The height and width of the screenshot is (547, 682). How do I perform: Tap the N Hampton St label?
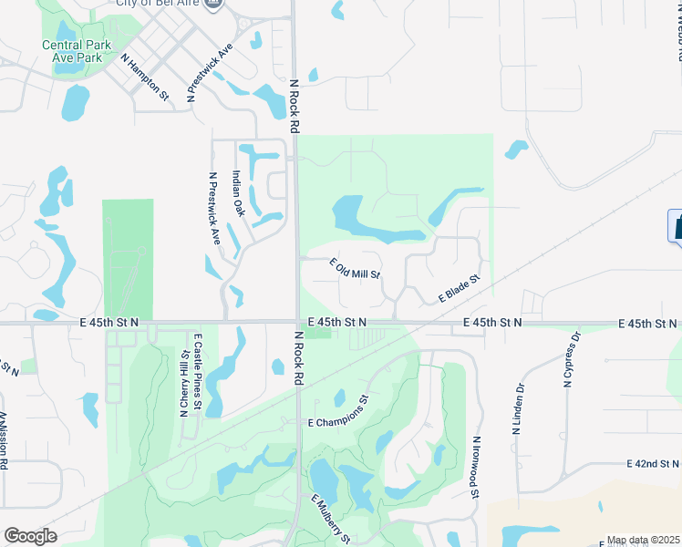click(x=145, y=76)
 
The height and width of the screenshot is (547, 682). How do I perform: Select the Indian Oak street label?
click(x=239, y=193)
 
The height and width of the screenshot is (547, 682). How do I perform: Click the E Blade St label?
click(x=459, y=289)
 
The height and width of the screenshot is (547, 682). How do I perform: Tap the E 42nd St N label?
click(x=654, y=464)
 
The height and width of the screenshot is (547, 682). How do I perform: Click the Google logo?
click(x=30, y=536)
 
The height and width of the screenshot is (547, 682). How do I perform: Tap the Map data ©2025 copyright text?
click(x=643, y=541)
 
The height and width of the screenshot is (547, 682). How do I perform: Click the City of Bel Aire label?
click(x=158, y=3)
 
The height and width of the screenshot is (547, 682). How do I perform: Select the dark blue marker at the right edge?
click(x=677, y=226)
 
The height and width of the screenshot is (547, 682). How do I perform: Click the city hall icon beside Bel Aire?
click(x=214, y=4)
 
